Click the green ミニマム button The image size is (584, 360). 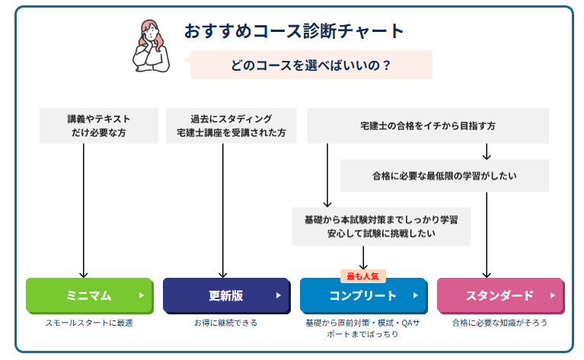(89, 295)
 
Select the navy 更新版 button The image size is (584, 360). (225, 295)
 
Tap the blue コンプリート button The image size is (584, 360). (362, 295)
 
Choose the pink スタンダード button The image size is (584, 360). (499, 295)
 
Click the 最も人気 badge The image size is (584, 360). (362, 276)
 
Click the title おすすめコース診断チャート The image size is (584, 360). (294, 31)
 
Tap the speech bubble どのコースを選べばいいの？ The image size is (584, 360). (311, 65)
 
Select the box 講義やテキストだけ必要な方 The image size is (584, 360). (99, 126)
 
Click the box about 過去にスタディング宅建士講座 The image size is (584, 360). (231, 126)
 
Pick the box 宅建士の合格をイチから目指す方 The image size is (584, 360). (427, 126)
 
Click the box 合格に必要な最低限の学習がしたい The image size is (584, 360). (445, 176)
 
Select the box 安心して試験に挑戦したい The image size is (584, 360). (381, 226)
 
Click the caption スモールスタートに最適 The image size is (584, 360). (89, 323)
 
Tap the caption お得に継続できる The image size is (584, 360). (225, 323)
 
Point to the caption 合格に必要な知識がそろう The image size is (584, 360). (499, 323)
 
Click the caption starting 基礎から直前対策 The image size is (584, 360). (362, 328)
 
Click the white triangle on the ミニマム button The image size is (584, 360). (142, 295)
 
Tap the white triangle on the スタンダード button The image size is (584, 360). (552, 295)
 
